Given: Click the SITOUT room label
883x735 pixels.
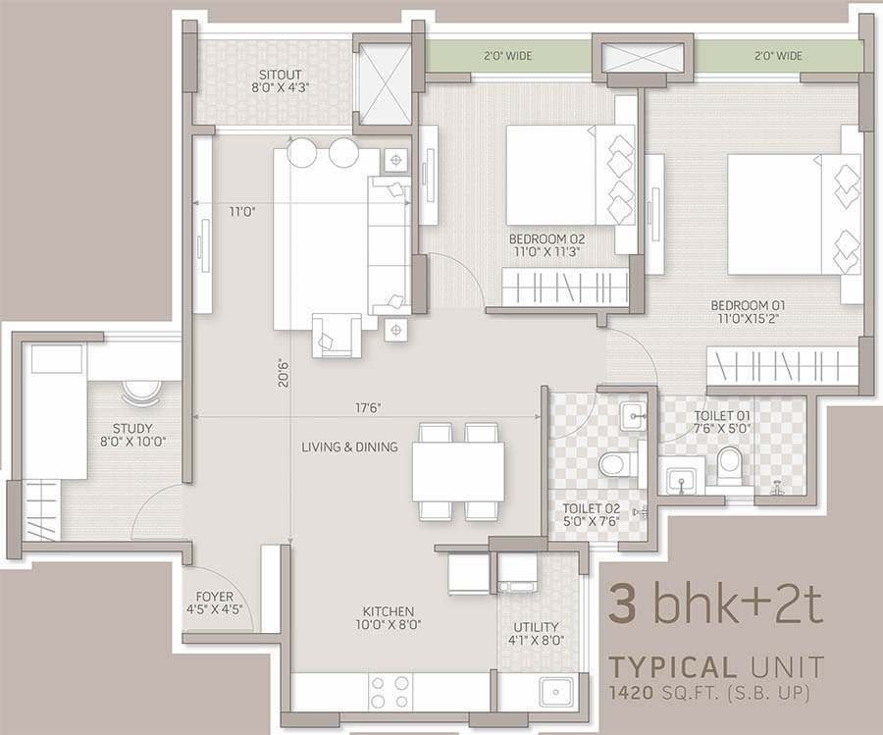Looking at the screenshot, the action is tap(280, 75).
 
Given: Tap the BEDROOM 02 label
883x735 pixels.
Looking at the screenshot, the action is tap(546, 238).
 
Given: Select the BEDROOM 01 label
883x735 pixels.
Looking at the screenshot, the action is tap(748, 305).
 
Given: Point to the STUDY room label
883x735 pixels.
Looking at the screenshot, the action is tap(132, 429).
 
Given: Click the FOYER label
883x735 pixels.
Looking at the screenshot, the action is tap(215, 597).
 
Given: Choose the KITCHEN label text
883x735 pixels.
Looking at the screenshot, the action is tap(389, 611).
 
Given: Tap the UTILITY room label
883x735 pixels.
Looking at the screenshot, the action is tap(536, 627).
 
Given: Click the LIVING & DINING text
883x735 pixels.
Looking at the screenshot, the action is tap(349, 447).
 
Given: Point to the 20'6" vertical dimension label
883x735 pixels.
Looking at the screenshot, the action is tap(284, 373).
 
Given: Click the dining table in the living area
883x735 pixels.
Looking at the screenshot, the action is tap(458, 471).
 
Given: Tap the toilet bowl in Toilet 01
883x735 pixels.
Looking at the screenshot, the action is tap(730, 466).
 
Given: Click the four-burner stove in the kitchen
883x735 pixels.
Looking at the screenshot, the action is tap(390, 692).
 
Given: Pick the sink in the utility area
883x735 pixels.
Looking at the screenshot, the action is tap(556, 692).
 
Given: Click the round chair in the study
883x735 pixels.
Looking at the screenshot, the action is tap(140, 393).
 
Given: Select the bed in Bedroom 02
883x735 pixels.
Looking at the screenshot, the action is tap(570, 175).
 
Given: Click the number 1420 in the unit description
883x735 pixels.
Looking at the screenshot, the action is tap(632, 692).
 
